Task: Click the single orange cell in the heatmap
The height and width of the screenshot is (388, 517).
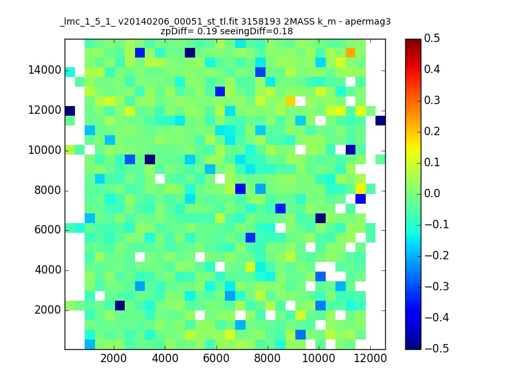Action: tap(350, 53)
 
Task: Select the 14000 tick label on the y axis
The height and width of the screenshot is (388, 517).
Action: tap(45, 70)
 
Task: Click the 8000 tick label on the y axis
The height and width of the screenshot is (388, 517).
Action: tap(48, 190)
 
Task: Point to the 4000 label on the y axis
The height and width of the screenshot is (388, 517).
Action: tap(48, 270)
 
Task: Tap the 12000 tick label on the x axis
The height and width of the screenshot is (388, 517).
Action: tap(370, 358)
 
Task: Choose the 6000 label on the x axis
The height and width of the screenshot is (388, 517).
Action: tap(216, 358)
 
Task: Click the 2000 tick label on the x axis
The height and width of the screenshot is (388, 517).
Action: tap(114, 358)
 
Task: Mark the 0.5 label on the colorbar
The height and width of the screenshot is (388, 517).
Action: tap(432, 38)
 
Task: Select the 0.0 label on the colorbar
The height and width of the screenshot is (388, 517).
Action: tap(432, 193)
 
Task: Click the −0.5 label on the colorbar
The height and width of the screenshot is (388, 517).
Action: tap(437, 349)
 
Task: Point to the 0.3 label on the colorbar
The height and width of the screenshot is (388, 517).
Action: tap(432, 100)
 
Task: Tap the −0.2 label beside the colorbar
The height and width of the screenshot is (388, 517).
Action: tap(437, 255)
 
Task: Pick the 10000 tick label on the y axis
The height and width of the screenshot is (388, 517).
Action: tap(45, 151)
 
